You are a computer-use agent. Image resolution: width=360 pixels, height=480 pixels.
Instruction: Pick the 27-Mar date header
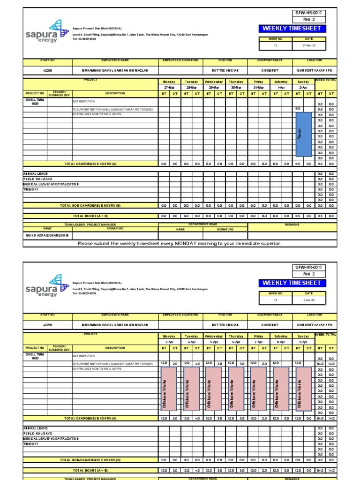pyautogui.click(x=169, y=87)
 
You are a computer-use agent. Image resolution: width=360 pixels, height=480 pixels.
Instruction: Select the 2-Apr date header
pyautogui.click(x=303, y=87)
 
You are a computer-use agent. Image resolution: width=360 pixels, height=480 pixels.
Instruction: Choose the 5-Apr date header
pyautogui.click(x=214, y=342)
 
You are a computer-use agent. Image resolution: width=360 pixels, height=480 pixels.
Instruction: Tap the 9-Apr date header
pyautogui.click(x=303, y=342)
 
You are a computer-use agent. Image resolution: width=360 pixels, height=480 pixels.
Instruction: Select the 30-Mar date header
pyautogui.click(x=236, y=87)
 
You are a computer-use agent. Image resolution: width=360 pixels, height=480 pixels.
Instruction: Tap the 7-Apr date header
pyautogui.click(x=259, y=342)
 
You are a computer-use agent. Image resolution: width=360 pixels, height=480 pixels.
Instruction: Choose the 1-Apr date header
pyautogui.click(x=281, y=87)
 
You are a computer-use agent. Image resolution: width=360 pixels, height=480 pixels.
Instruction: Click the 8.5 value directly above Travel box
pyautogui.click(x=298, y=109)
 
